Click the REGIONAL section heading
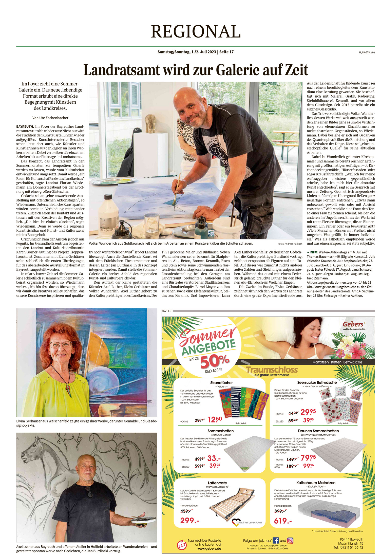click(x=196, y=31)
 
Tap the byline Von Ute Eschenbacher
click(x=50, y=118)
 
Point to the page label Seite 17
click(x=226, y=52)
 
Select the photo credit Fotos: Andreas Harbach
click(x=290, y=244)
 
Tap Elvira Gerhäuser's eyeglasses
click(x=61, y=345)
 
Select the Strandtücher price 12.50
click(x=215, y=419)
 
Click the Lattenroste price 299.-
click(x=189, y=521)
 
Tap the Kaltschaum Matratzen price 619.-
click(x=283, y=521)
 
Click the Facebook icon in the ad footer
click(x=276, y=540)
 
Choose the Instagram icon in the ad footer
click(x=290, y=540)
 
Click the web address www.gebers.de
click(x=209, y=548)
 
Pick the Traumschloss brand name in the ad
click(x=272, y=370)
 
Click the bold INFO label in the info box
click(x=314, y=252)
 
